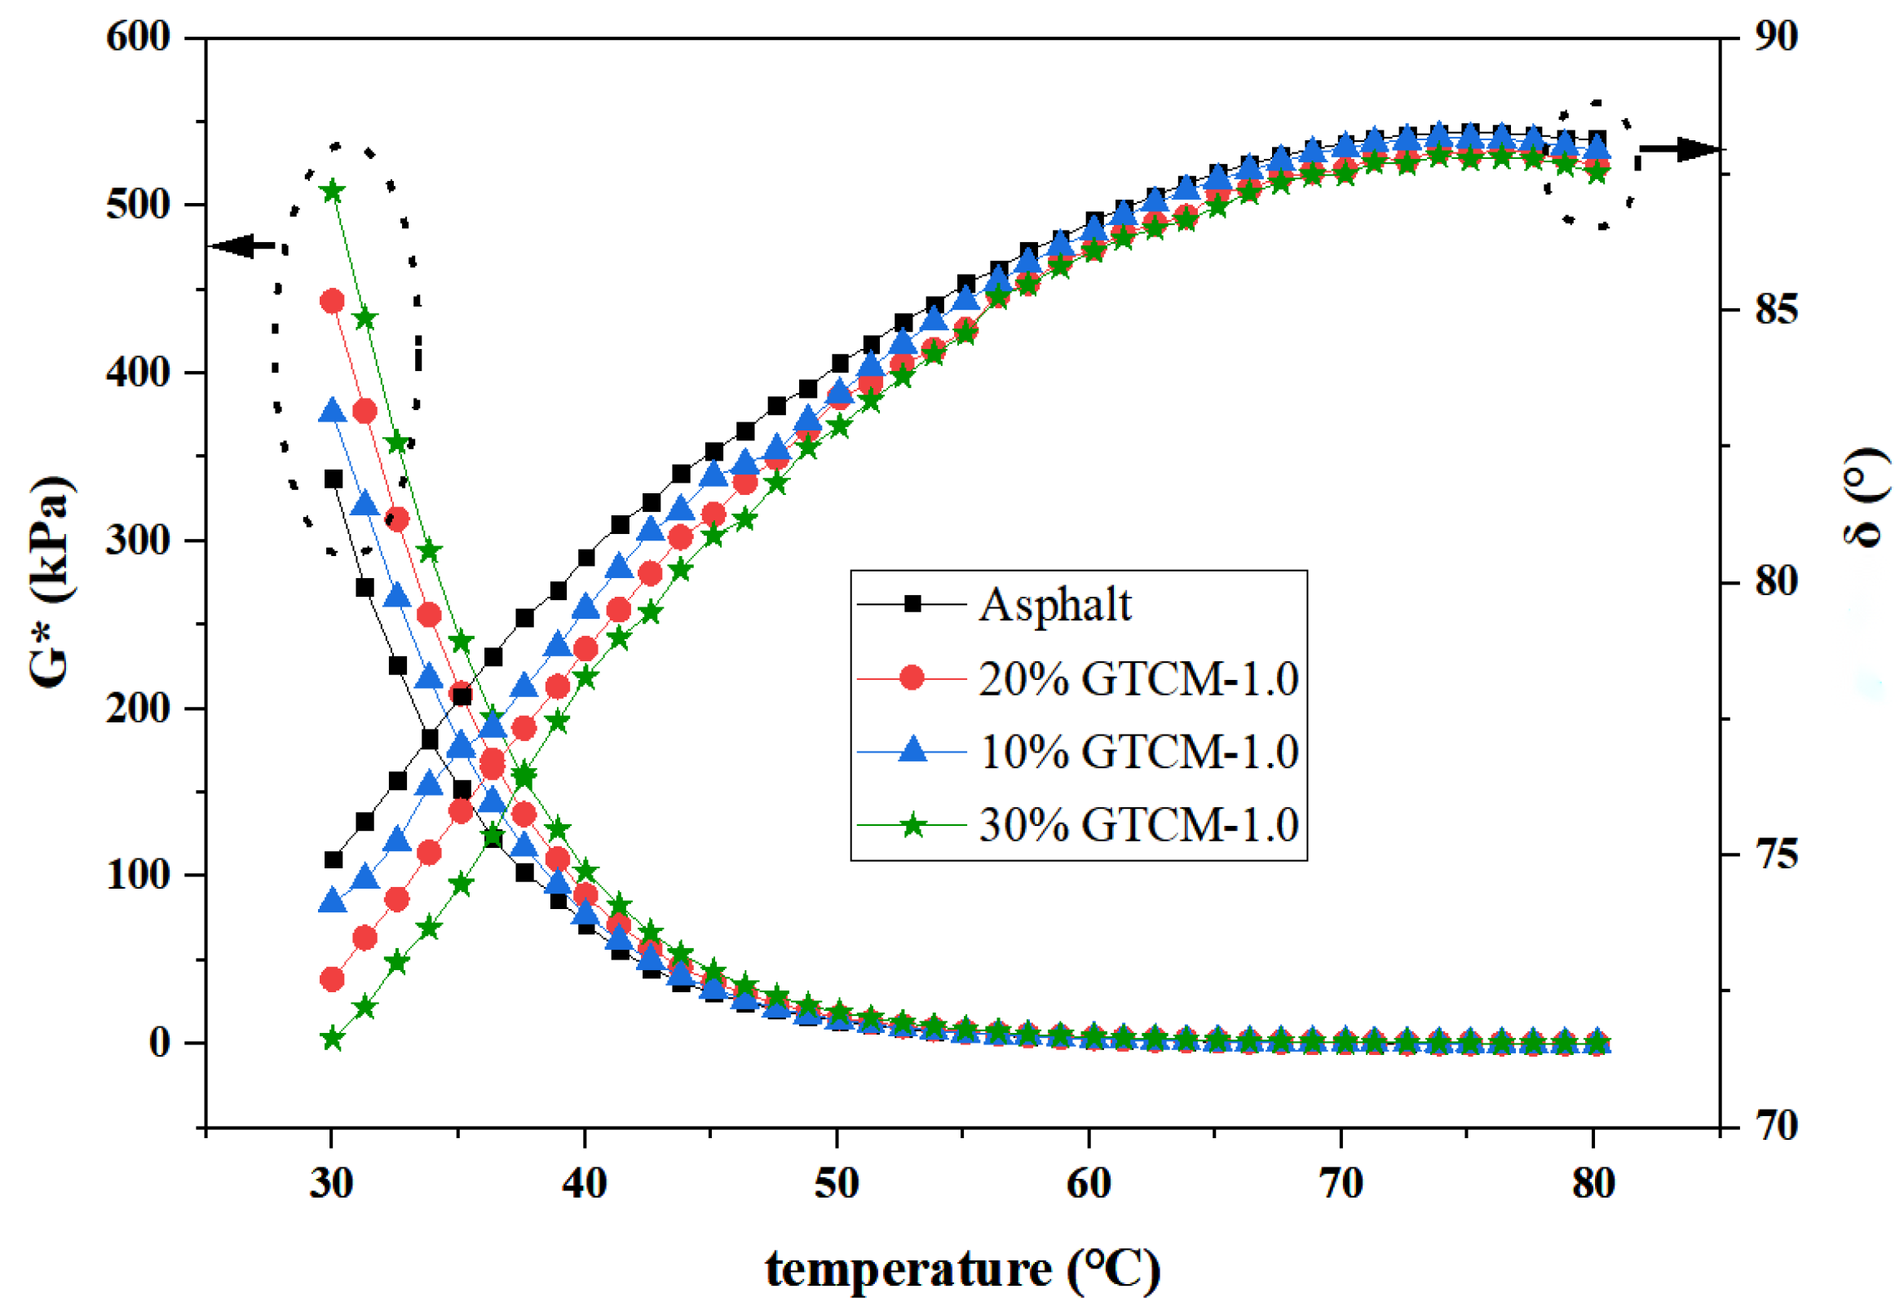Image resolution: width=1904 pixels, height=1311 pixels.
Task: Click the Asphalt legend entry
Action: tap(1054, 606)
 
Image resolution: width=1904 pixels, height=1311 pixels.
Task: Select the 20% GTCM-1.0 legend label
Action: tap(1138, 678)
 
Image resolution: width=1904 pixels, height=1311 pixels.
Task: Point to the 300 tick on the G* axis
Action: tap(138, 541)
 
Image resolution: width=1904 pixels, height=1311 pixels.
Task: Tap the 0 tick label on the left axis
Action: tap(159, 1044)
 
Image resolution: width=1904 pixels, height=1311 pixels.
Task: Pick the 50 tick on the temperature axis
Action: tap(836, 1184)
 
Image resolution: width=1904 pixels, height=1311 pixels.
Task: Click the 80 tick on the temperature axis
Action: tap(1593, 1184)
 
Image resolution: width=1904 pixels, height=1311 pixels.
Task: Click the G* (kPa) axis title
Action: tap(51, 581)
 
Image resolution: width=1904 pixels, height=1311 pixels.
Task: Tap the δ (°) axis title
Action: tap(1865, 499)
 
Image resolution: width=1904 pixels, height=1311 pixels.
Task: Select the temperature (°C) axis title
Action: tap(963, 1270)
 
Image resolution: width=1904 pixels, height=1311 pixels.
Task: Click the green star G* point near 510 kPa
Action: tap(333, 192)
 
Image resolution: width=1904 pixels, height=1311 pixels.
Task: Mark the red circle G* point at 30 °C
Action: tap(332, 302)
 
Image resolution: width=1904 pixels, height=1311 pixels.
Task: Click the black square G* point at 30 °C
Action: tap(334, 479)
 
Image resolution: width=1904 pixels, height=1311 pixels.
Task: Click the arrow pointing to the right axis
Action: tap(1679, 149)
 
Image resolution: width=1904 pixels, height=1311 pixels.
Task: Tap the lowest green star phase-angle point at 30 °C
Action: tap(332, 1040)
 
